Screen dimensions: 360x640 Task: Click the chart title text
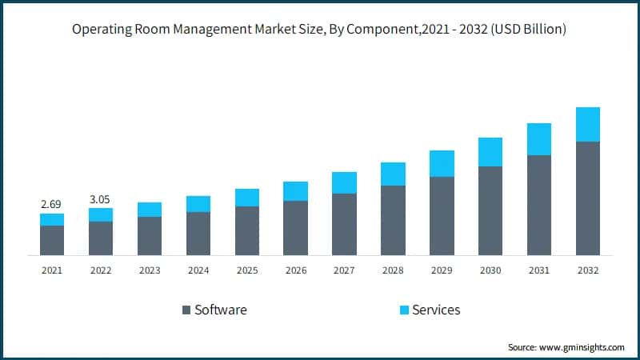[320, 30]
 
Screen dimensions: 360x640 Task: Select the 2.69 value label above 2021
[52, 204]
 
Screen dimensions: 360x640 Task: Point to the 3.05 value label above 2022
[101, 198]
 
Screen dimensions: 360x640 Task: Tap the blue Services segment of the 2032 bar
[588, 125]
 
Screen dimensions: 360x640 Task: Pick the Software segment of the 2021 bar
[52, 240]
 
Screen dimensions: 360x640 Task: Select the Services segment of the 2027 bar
[344, 182]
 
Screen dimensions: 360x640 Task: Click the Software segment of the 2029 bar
[442, 216]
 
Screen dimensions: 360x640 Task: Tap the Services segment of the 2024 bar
[198, 204]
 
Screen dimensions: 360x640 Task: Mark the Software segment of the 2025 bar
[247, 230]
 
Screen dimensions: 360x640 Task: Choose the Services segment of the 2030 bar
[490, 152]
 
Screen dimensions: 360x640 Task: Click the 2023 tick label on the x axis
[150, 270]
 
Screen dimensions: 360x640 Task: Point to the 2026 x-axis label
[295, 270]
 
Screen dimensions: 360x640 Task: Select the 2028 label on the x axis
[393, 270]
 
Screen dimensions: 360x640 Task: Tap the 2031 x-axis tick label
[539, 270]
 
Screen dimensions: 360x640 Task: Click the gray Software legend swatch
[186, 310]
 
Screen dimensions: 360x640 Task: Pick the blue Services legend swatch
[404, 310]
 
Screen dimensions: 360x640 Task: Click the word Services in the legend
[436, 310]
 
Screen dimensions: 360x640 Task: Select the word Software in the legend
[221, 310]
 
